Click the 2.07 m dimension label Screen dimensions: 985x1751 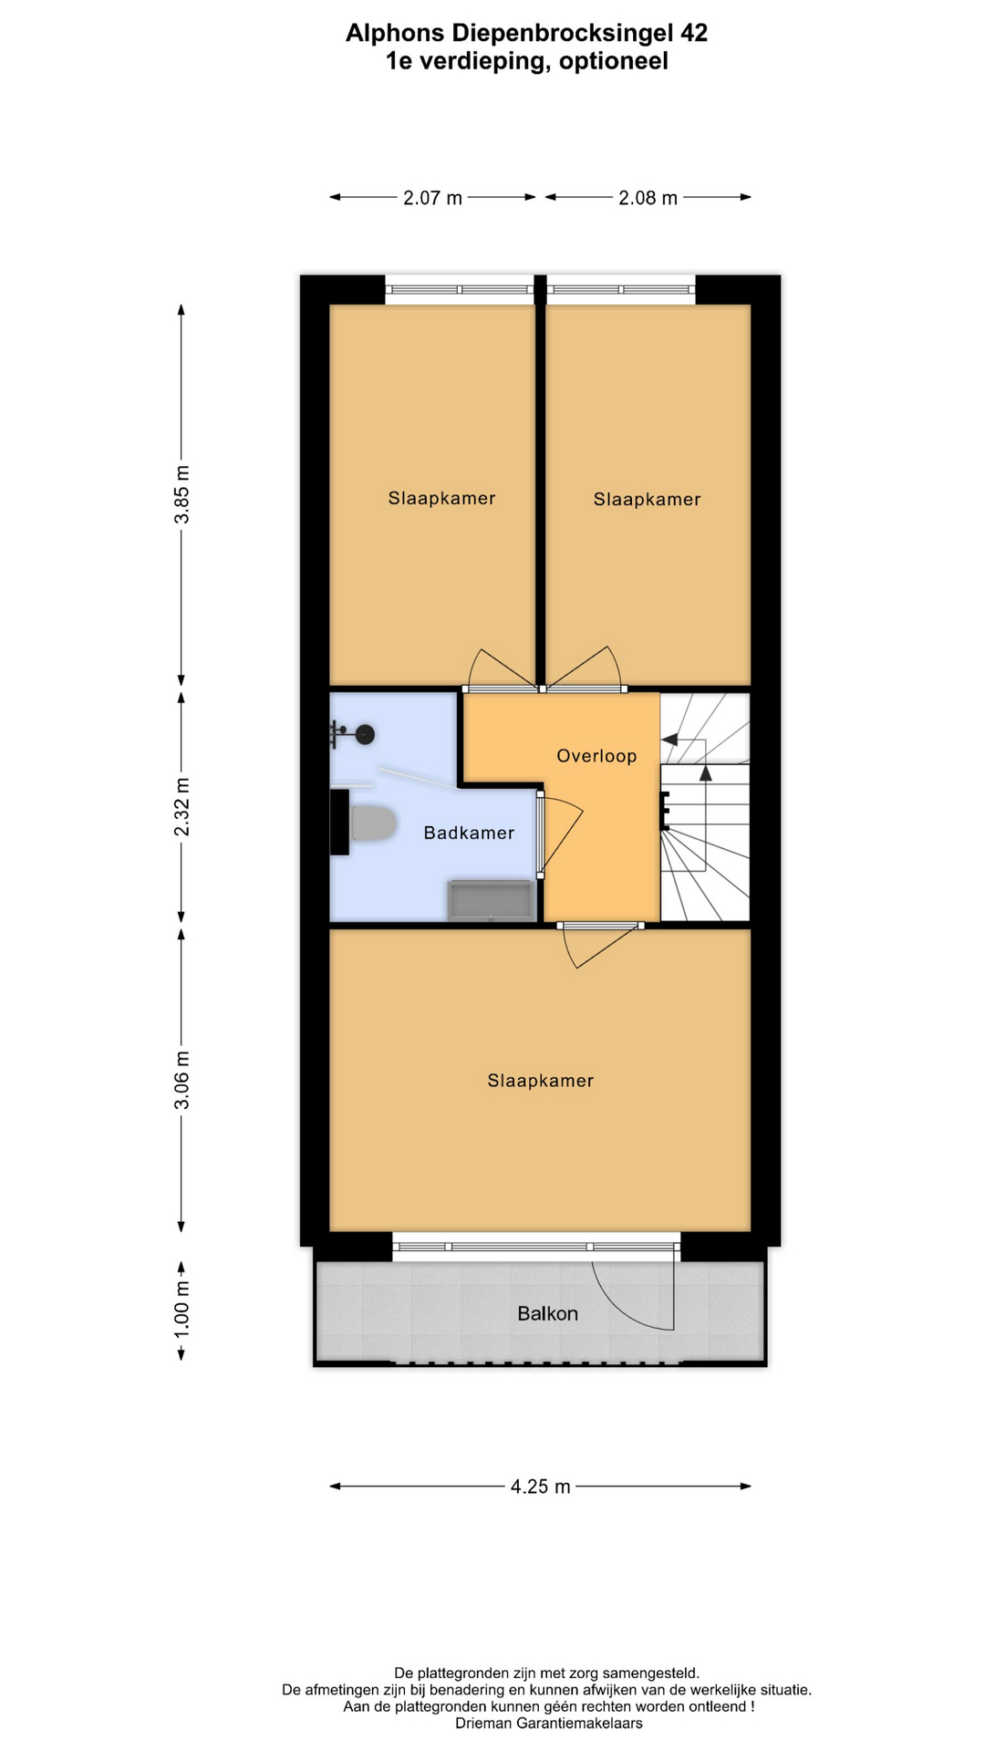click(432, 198)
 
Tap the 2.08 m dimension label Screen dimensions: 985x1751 click(648, 198)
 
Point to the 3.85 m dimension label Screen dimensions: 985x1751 click(182, 494)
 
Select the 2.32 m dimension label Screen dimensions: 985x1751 click(182, 806)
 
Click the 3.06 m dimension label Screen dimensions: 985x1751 click(182, 1080)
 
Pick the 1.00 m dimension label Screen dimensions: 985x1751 click(182, 1310)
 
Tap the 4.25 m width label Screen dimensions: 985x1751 click(540, 1487)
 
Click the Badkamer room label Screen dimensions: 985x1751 click(469, 833)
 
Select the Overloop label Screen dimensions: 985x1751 click(596, 756)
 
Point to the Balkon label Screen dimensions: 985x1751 click(547, 1313)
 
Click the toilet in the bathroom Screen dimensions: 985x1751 click(372, 824)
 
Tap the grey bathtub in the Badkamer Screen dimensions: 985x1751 click(491, 900)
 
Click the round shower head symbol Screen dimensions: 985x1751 click(365, 734)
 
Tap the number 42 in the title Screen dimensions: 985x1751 click(694, 34)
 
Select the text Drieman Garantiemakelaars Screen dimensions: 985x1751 click(549, 1723)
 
